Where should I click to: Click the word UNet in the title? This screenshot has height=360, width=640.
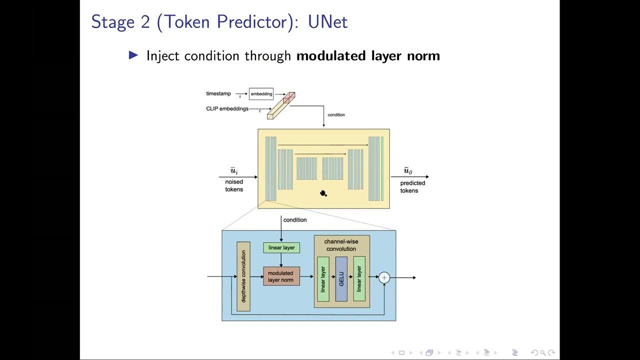(x=327, y=22)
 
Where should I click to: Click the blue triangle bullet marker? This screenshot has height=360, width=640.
(x=133, y=55)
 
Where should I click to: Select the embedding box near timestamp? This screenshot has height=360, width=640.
(x=261, y=94)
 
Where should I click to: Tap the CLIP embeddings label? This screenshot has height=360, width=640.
(x=227, y=108)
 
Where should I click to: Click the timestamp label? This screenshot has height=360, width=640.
(x=218, y=93)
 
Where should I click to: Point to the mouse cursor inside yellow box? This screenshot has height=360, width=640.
(x=323, y=193)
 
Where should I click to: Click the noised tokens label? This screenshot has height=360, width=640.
(x=234, y=185)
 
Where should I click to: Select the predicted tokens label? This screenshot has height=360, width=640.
(x=412, y=187)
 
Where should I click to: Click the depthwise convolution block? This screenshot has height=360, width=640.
(x=243, y=276)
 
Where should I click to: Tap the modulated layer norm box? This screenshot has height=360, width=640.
(x=281, y=276)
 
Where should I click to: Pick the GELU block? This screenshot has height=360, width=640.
(x=341, y=279)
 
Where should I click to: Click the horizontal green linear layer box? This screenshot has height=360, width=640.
(x=281, y=247)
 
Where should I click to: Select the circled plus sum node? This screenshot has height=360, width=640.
(x=384, y=277)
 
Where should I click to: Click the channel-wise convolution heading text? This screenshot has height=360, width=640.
(x=341, y=245)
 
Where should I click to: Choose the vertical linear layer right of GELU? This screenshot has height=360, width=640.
(x=359, y=279)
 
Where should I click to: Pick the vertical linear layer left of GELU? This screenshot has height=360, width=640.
(x=323, y=279)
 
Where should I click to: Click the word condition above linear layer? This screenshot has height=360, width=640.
(x=295, y=220)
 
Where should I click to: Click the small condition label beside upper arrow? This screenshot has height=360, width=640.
(x=336, y=115)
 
